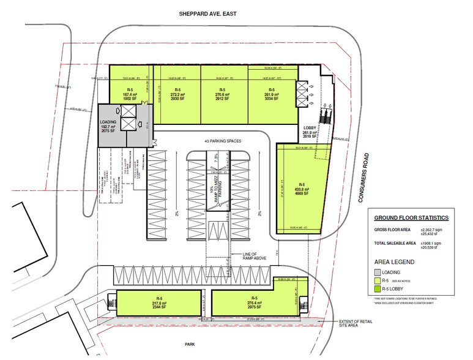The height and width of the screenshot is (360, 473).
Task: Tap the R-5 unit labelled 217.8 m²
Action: point(158,304)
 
